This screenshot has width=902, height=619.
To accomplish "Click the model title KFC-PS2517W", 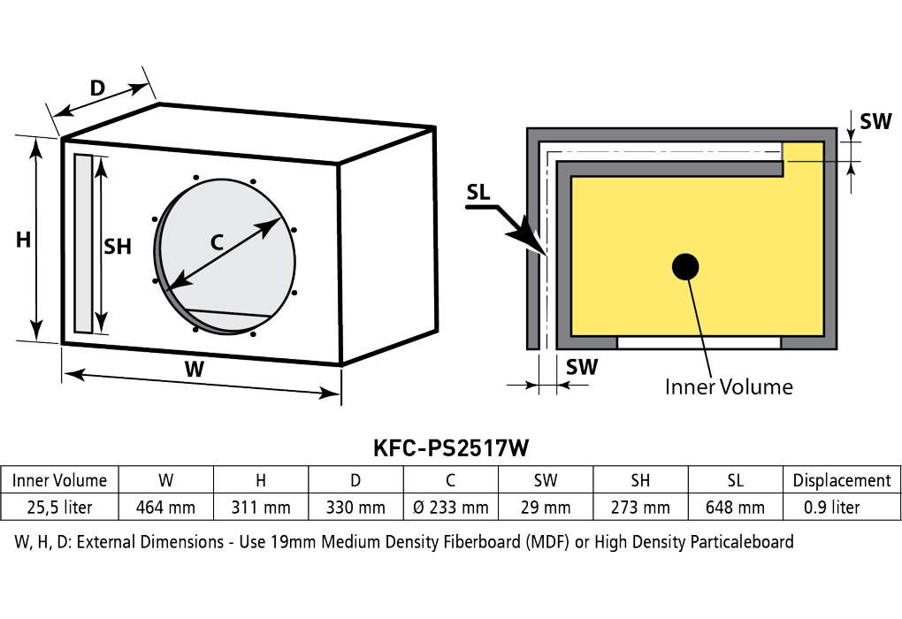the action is tap(450, 447).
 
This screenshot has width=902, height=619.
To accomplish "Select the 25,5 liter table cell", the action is tap(59, 508).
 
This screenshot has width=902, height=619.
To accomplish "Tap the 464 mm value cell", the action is tap(165, 508).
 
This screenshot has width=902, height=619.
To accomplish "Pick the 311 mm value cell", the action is tap(261, 508).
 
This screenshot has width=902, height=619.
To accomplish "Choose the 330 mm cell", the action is tap(355, 508).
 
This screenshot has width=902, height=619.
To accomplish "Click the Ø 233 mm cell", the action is tap(450, 508).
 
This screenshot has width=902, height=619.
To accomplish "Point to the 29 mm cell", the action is tap(546, 508).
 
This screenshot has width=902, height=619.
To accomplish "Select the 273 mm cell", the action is tap(640, 508).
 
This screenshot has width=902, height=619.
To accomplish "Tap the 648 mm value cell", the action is tap(735, 508).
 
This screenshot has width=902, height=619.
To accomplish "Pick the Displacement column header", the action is tap(842, 480).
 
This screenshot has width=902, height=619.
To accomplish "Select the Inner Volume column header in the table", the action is tap(59, 480).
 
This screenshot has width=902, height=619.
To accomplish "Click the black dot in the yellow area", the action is tap(685, 266).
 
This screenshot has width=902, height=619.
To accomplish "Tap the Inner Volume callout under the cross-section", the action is tap(729, 386).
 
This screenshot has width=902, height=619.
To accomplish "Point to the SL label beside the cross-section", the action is tap(478, 192).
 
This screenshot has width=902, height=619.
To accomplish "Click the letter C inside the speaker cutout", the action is tap(217, 242).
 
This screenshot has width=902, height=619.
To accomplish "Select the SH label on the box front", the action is tap(118, 247).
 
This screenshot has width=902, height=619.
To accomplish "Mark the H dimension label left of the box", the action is tap(23, 240).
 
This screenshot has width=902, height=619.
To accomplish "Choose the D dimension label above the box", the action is tap(98, 88).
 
